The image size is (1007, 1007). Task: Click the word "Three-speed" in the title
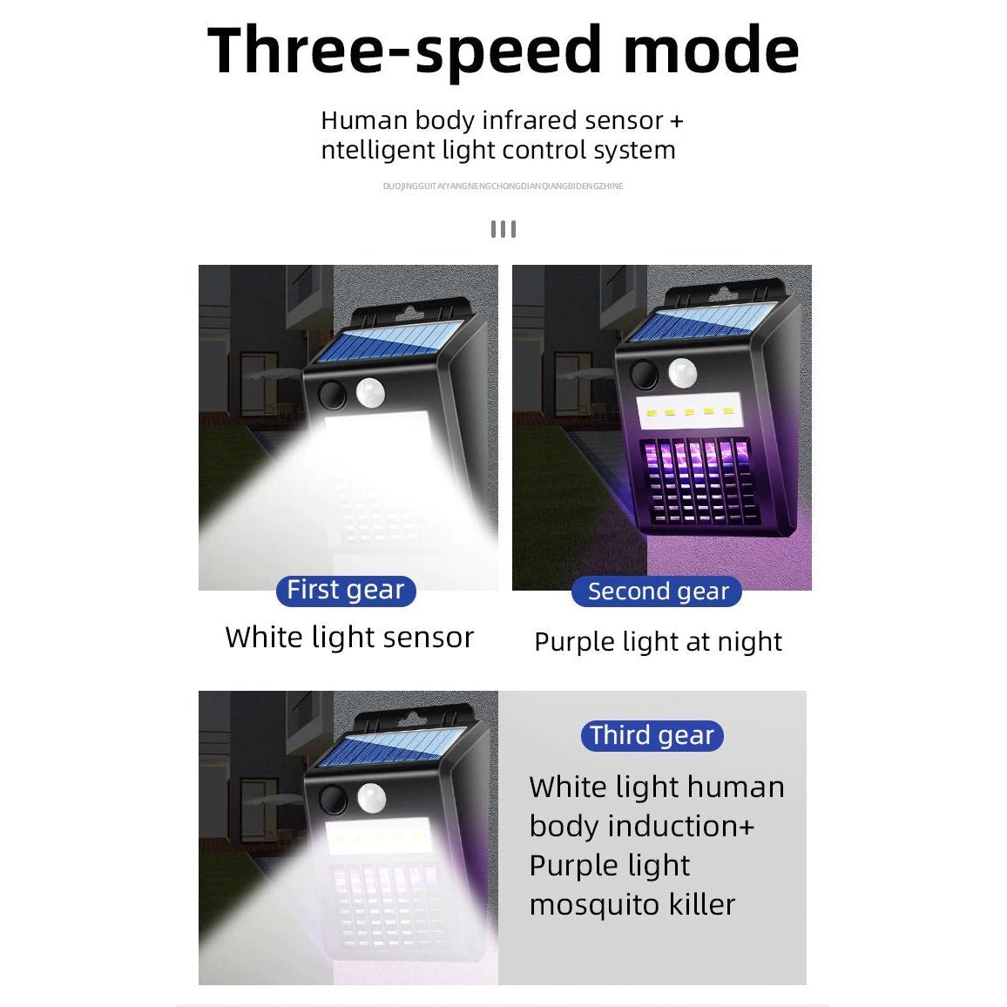tap(404, 51)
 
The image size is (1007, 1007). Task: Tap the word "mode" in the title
tap(711, 51)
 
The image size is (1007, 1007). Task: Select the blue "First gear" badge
tap(346, 591)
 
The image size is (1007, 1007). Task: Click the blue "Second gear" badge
tap(657, 591)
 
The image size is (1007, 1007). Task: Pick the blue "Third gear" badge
tap(652, 735)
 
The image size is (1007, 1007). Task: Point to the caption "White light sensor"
tap(349, 638)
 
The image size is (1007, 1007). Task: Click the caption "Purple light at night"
tap(659, 642)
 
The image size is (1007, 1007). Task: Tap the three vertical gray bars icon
tap(503, 229)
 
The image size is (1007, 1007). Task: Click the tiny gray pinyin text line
tap(503, 186)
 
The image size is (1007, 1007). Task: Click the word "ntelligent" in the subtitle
tap(378, 151)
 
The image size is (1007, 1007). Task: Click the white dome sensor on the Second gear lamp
tap(683, 373)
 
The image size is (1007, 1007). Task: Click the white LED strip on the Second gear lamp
tap(689, 411)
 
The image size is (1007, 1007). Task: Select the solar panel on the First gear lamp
tap(389, 341)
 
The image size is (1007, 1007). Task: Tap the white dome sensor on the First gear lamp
tap(370, 392)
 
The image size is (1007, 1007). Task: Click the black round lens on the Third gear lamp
tap(334, 800)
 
